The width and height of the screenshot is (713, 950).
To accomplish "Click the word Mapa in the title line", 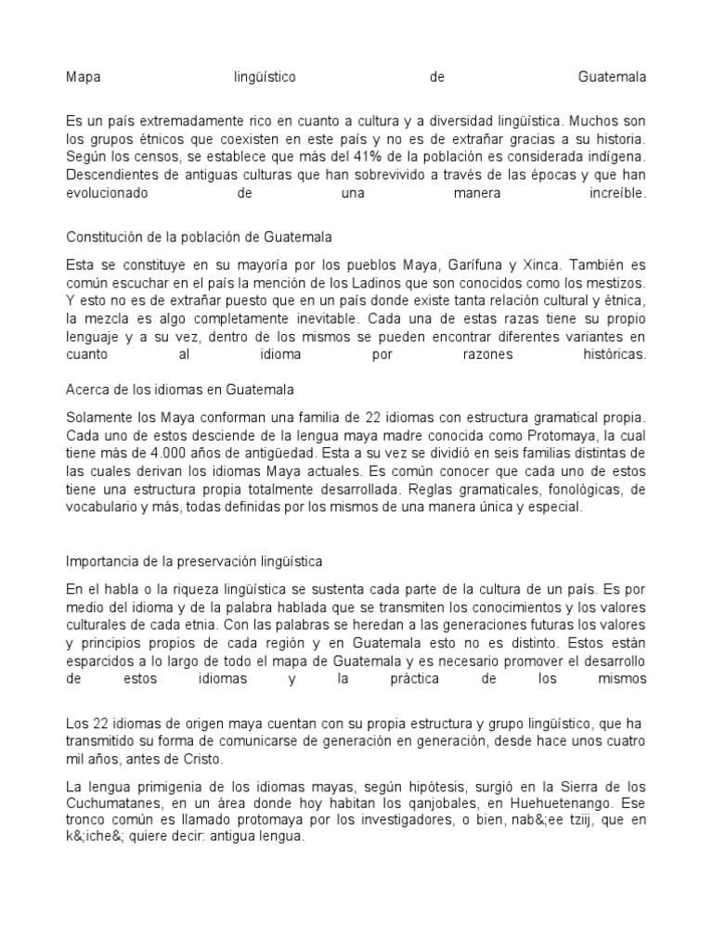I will point(83,77).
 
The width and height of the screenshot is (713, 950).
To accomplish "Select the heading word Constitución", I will point(103,237).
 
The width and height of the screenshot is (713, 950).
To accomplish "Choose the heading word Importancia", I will point(102,561).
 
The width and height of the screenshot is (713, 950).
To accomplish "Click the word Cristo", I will point(202,758).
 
